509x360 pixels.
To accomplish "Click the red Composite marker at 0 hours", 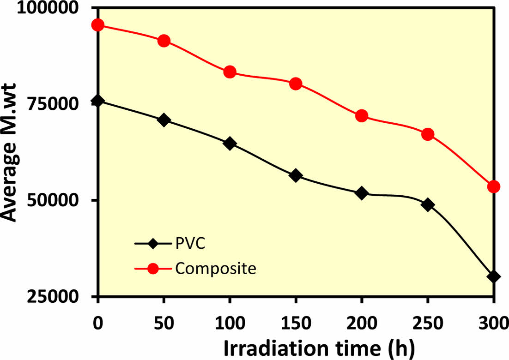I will click(x=98, y=25).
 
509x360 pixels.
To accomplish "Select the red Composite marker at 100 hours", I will click(x=230, y=72).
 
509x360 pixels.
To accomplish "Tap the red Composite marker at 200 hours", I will click(x=362, y=116).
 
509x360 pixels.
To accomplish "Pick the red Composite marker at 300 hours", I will click(x=494, y=186).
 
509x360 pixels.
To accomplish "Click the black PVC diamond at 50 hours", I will click(x=164, y=120).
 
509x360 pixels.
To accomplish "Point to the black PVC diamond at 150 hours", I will click(x=296, y=175).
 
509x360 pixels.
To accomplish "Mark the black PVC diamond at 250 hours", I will click(x=428, y=204).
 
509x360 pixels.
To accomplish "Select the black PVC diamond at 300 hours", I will click(x=494, y=276).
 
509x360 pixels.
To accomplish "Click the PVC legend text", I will click(x=190, y=244).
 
